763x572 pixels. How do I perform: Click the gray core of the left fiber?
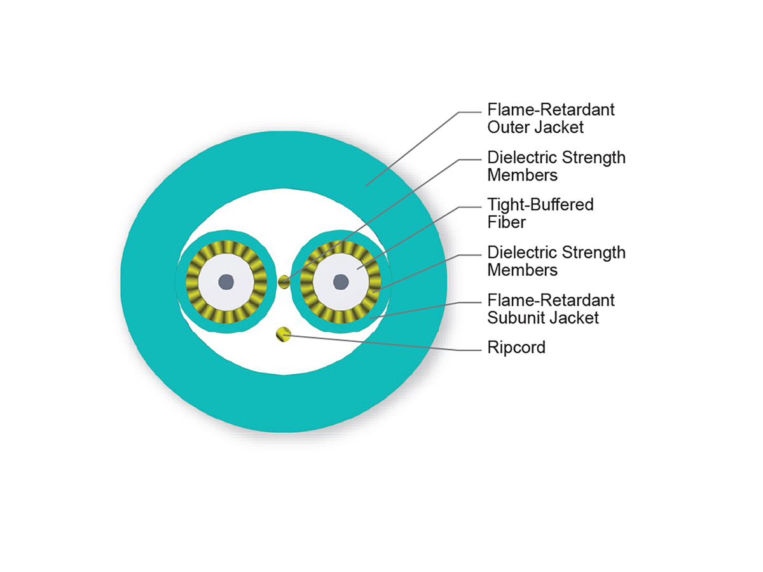pyautogui.click(x=226, y=281)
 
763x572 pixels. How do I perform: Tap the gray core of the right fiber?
pyautogui.click(x=341, y=281)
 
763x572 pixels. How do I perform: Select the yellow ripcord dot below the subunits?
pyautogui.click(x=283, y=334)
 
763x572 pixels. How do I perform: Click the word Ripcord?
pyautogui.click(x=516, y=348)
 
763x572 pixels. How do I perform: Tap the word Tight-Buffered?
pyautogui.click(x=540, y=205)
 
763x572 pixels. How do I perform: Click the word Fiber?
pyautogui.click(x=507, y=222)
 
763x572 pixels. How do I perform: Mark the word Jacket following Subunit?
pyautogui.click(x=575, y=317)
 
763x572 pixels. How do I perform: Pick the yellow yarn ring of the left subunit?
pyautogui.click(x=191, y=281)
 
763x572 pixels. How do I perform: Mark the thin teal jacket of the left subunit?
pyautogui.click(x=181, y=281)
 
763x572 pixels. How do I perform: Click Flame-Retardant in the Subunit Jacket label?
pyautogui.click(x=551, y=300)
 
